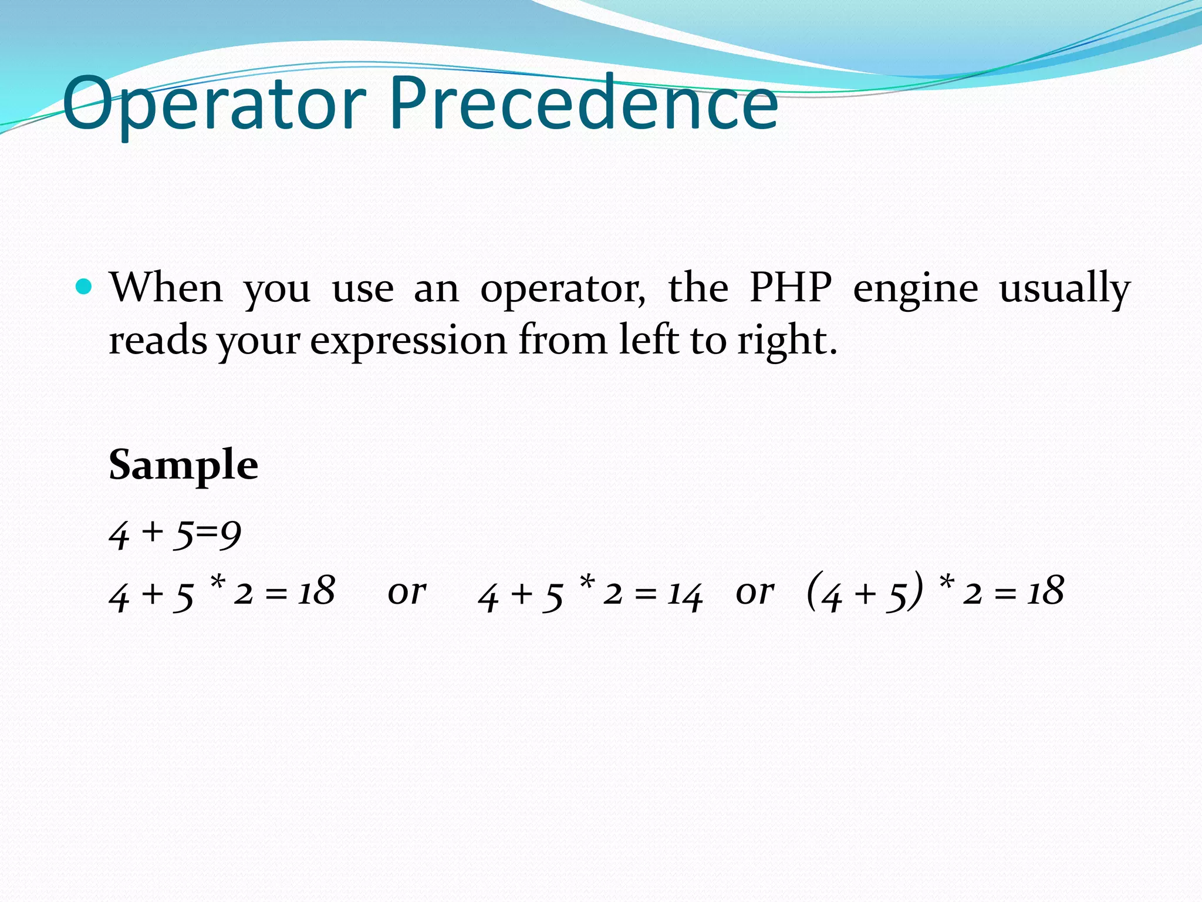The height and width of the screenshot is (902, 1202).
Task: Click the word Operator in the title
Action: pyautogui.click(x=214, y=105)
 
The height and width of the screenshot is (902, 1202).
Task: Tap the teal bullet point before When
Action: pyautogui.click(x=85, y=287)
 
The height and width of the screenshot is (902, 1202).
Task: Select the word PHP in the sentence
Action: pyautogui.click(x=791, y=288)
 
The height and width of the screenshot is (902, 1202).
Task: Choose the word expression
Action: pyautogui.click(x=408, y=342)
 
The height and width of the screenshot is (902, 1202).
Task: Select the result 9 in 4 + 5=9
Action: pyautogui.click(x=231, y=534)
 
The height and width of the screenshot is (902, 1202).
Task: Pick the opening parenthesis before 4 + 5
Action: pyautogui.click(x=813, y=592)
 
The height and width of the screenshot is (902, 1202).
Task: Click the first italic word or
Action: pyautogui.click(x=407, y=592)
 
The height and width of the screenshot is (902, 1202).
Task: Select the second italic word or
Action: pyautogui.click(x=755, y=592)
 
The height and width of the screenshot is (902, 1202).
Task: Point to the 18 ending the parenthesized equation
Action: pyautogui.click(x=1045, y=591)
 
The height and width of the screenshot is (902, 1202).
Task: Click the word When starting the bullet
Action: pyautogui.click(x=167, y=288)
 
